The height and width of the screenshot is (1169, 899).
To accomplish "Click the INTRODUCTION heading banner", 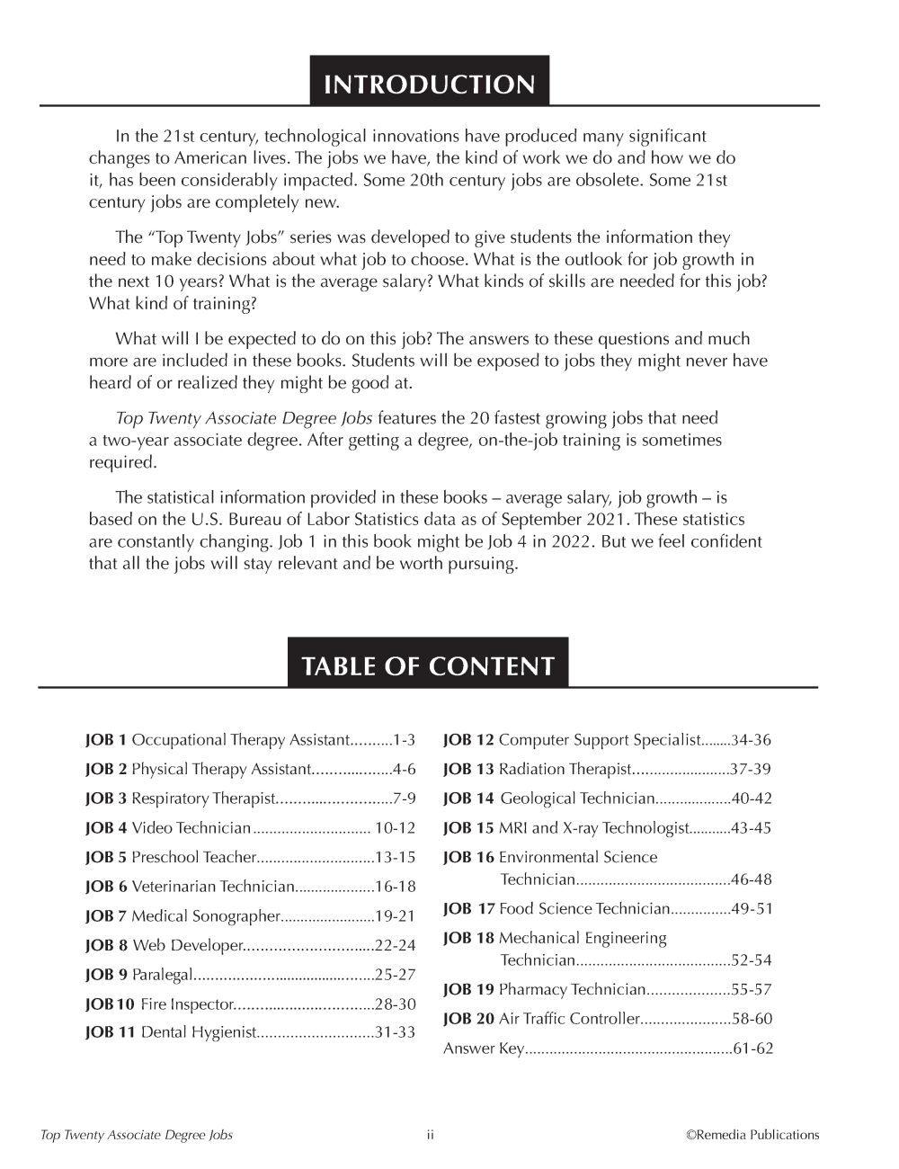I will pos(429,84).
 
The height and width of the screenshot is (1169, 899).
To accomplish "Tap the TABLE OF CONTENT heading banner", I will pos(428,665).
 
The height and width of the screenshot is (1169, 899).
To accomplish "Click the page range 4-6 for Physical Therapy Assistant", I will pos(404,770).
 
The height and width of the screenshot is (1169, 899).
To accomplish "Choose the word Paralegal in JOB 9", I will pos(163,975).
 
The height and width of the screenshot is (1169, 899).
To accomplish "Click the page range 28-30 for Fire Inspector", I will pos(396,1004).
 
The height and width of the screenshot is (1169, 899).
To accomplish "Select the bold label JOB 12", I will pos(468,740).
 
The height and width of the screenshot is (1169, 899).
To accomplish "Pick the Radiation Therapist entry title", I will pos(565,770).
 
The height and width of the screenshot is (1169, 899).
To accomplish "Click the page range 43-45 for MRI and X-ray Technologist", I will pos(751,828).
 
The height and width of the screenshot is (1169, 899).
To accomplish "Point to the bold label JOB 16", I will pos(468,858).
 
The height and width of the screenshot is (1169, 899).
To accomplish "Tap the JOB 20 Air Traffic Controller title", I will pos(568,1019).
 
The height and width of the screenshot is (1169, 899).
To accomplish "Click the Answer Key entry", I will pos(483,1049).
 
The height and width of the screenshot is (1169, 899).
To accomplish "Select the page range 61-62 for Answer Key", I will pos(752,1049).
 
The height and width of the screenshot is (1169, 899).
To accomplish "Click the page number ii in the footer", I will pos(430,1135).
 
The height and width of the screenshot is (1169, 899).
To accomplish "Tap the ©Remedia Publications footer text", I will pos(752,1135).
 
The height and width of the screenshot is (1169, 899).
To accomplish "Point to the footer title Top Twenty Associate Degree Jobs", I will pos(137,1135).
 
